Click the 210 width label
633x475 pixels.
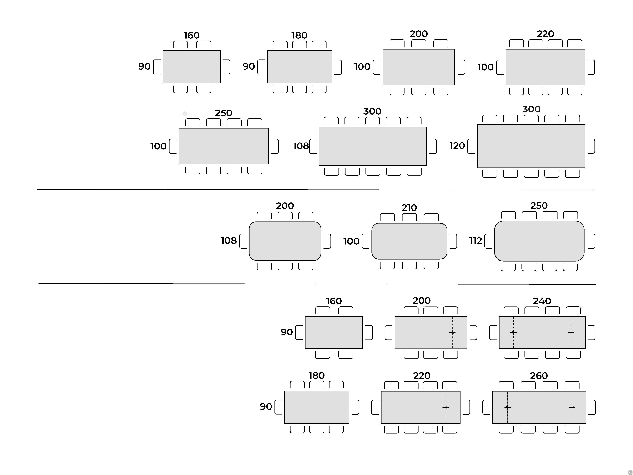(x=409, y=208)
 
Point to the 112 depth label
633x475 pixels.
(x=476, y=241)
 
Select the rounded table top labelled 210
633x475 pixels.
(x=409, y=241)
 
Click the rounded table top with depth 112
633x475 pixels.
(x=539, y=241)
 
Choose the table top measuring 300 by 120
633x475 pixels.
(x=531, y=146)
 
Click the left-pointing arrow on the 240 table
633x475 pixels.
(x=513, y=332)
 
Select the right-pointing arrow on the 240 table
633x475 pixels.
(x=571, y=332)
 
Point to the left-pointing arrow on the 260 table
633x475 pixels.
(x=507, y=407)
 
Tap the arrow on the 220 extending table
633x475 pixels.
(x=446, y=407)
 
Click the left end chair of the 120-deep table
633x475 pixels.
(x=471, y=146)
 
